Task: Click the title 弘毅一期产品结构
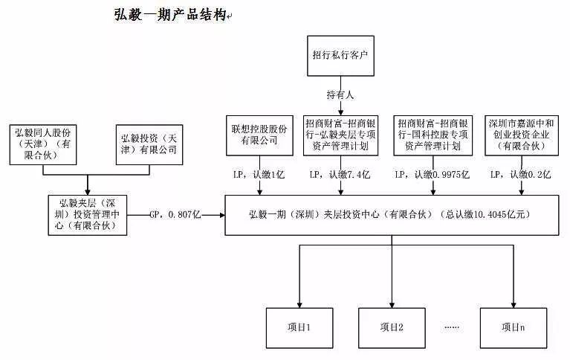coord(170,15)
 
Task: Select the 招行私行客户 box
coord(340,56)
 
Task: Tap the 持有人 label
coord(340,95)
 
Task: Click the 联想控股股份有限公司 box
coord(259,135)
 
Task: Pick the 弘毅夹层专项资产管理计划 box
coord(340,135)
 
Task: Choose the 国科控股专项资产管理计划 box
coord(433,135)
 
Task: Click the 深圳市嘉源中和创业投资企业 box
coord(522,135)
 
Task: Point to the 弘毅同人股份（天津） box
coord(43,144)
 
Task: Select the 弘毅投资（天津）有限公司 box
coord(149,144)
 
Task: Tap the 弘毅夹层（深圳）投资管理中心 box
coord(88,215)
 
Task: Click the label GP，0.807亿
coord(175,215)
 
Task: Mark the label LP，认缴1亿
coord(259,175)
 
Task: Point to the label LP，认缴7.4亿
coord(340,175)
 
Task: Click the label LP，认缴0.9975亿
coord(433,175)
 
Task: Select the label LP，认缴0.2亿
coord(520,175)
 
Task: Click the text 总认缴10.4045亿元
coord(485,214)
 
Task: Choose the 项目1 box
coord(299,328)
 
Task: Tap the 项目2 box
coord(392,328)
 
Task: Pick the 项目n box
coord(514,328)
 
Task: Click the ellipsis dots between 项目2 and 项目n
coord(452,327)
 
